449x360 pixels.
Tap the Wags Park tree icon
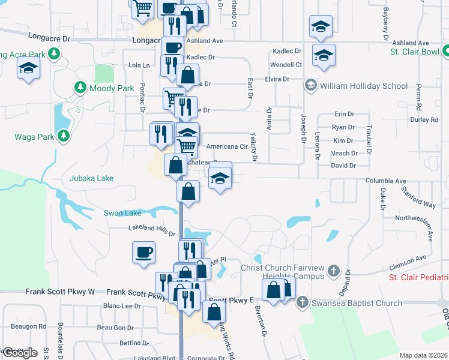coord(63,136)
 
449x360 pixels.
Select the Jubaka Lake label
coord(91,178)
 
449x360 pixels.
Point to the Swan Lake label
coord(122,213)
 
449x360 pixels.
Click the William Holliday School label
coord(364,86)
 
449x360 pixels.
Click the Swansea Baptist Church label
coord(357,303)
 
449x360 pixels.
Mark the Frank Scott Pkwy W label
coord(60,292)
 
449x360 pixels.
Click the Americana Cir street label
coord(227,146)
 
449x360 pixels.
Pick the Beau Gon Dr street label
coord(115,328)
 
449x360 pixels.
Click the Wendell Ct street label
coord(285,64)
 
